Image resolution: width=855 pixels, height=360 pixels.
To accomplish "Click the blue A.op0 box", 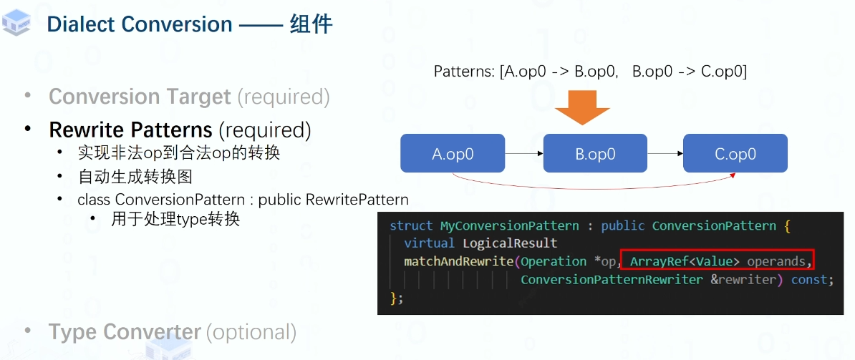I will (x=453, y=153).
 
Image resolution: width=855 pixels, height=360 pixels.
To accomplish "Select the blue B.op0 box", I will (x=595, y=153).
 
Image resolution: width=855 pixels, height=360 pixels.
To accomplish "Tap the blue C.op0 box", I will (x=735, y=153).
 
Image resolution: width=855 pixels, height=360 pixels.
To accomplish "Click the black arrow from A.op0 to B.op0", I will (x=524, y=153).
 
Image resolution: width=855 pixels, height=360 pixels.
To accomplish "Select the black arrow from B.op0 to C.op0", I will (x=665, y=153).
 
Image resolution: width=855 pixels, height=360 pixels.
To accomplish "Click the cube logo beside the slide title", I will (x=17, y=23).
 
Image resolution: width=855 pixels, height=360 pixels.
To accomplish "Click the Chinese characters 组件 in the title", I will (x=311, y=24).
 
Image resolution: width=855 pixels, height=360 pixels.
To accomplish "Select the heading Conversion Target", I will (x=140, y=97).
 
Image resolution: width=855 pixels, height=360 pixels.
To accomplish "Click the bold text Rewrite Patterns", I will (x=130, y=130).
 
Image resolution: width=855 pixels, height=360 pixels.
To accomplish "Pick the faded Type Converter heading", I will (x=125, y=332).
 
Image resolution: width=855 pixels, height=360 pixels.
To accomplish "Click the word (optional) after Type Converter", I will (x=251, y=332).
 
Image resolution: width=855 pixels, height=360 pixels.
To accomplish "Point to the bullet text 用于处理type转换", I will (x=175, y=219).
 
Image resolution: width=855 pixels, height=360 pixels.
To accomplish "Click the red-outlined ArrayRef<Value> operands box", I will (x=718, y=261).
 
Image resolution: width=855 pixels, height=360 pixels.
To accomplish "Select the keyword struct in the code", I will (x=411, y=226).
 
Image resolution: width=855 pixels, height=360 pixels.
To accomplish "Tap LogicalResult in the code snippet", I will (x=510, y=244).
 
